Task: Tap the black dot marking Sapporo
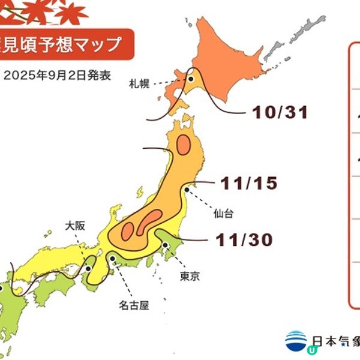tap(191, 79)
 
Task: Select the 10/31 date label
tap(280, 112)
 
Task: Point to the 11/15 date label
tap(248, 184)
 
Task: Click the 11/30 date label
tap(244, 240)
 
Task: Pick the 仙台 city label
tap(222, 212)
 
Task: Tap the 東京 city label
tap(190, 277)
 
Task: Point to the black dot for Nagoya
tap(113, 258)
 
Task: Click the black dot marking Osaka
tap(88, 268)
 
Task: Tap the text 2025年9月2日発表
tap(58, 77)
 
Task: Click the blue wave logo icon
tap(296, 340)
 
